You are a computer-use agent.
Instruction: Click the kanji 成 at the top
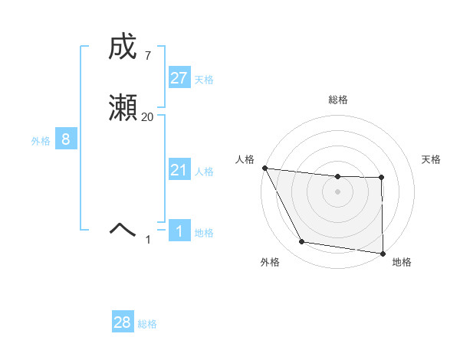coord(122,47)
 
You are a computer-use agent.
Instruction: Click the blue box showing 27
coord(179,78)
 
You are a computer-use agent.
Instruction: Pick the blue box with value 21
coord(179,170)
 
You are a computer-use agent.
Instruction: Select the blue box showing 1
coord(179,231)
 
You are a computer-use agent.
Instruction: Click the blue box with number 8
coord(66,139)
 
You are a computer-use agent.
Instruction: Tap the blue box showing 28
coord(123,322)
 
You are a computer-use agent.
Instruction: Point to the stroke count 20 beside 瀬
coord(148,117)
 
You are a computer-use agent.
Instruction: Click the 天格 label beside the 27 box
coord(204,80)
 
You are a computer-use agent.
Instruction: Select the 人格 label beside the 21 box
coord(204,172)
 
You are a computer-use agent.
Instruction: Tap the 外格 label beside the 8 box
coord(41,141)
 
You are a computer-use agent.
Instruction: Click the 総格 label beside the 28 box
coord(147,324)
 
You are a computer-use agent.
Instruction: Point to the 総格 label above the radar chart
coord(337,100)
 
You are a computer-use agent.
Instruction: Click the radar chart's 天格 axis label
coord(431,159)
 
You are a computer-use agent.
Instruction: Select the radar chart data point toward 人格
coord(264,168)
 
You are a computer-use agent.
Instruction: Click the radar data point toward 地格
coord(383,253)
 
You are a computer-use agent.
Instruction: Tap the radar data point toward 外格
coord(302,242)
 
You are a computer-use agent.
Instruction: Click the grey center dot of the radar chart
coord(337,191)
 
